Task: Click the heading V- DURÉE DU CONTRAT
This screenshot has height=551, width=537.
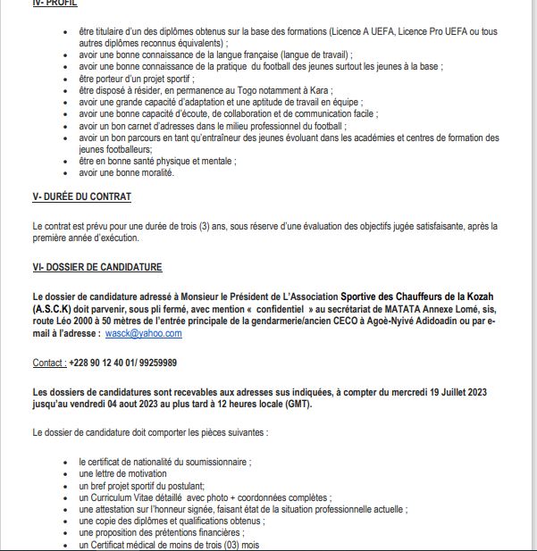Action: click(81, 196)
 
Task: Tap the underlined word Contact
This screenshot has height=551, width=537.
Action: click(48, 363)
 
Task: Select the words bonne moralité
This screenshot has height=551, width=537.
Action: click(143, 172)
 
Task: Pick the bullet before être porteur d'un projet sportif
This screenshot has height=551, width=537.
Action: click(69, 79)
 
